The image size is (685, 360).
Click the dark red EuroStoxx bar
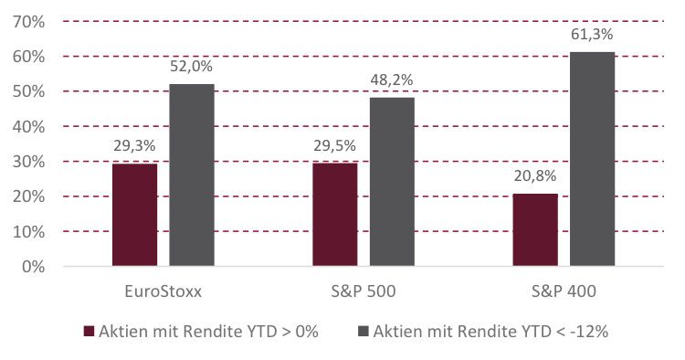[x=134, y=216]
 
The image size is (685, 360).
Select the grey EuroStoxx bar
[x=192, y=175]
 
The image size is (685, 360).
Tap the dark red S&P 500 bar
[x=334, y=215]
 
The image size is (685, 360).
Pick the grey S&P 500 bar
[x=392, y=182]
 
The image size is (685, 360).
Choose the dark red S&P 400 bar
[x=535, y=230]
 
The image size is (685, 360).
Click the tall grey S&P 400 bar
[x=593, y=159]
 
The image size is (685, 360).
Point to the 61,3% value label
[x=593, y=35]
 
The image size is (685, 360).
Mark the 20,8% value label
[x=535, y=176]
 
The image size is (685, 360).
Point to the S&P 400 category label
[x=564, y=293]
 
